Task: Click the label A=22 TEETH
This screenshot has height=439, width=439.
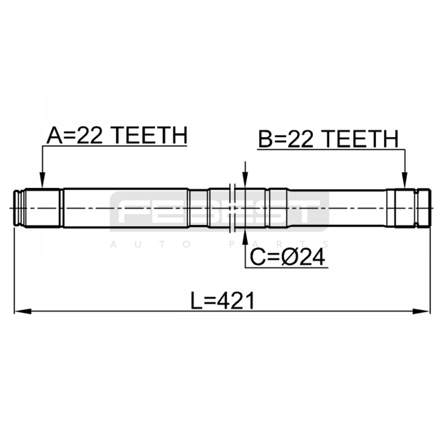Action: (x=117, y=136)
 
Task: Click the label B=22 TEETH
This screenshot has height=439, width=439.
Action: (x=328, y=139)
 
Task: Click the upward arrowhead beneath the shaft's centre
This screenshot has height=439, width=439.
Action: (x=245, y=236)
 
